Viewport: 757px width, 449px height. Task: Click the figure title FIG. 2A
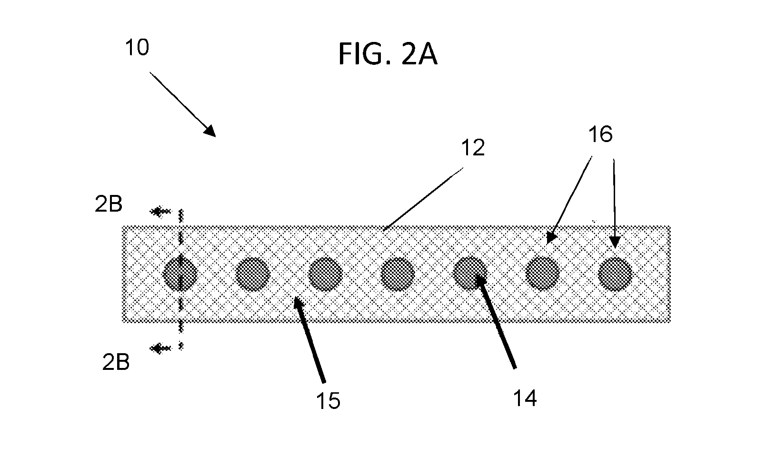pos(388,54)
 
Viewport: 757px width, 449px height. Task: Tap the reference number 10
pos(137,47)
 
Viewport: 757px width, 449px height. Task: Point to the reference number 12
pos(473,147)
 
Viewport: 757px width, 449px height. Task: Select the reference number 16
pos(600,134)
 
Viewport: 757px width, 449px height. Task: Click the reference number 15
pos(328,401)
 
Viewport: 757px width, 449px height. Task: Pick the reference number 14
pos(525,398)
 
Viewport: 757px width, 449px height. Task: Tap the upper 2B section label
pos(109,204)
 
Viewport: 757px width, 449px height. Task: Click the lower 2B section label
pos(116,362)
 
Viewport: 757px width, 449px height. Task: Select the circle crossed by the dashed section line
pos(180,274)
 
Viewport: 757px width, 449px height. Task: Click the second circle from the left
pos(253,274)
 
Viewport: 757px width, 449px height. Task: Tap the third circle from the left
pos(326,274)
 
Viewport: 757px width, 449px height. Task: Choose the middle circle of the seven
pos(398,274)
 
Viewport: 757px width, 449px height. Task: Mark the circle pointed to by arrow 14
pos(470,274)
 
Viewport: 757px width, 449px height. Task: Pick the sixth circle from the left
pos(543,274)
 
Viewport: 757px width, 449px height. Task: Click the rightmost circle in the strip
pos(615,274)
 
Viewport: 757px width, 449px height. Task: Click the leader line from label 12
pos(423,199)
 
